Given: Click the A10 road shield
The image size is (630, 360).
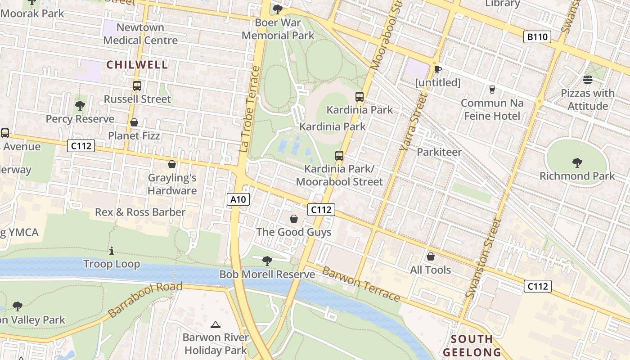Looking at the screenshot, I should [x=238, y=199].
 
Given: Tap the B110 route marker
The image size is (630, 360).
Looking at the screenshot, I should [x=537, y=37].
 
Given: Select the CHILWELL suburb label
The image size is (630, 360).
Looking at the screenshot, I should [x=137, y=65].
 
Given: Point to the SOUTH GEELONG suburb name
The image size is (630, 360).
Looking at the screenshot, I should [x=472, y=345].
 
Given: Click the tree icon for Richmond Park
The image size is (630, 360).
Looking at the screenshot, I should [x=577, y=162].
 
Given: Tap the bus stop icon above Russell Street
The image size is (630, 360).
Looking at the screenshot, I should [x=137, y=85].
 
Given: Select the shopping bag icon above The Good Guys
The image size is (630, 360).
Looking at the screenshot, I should [x=294, y=219].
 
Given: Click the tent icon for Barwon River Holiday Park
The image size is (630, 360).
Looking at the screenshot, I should [x=216, y=324].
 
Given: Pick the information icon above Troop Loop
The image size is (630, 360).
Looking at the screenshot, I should [x=112, y=251].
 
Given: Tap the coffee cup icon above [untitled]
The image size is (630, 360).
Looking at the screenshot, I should [x=437, y=69].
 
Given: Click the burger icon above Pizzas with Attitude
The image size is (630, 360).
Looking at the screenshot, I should [x=587, y=80].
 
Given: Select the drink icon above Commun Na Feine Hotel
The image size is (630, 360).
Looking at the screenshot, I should [x=492, y=90].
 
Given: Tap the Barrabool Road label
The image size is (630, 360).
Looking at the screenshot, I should [x=145, y=299].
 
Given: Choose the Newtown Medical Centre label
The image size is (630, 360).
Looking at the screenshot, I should [x=140, y=34].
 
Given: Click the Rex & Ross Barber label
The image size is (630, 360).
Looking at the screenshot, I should [x=140, y=212].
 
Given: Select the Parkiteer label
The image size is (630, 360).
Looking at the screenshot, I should [x=439, y=152].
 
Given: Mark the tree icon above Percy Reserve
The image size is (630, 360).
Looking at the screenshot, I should [x=80, y=106].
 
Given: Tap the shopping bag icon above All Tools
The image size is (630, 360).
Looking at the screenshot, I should [x=431, y=256].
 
